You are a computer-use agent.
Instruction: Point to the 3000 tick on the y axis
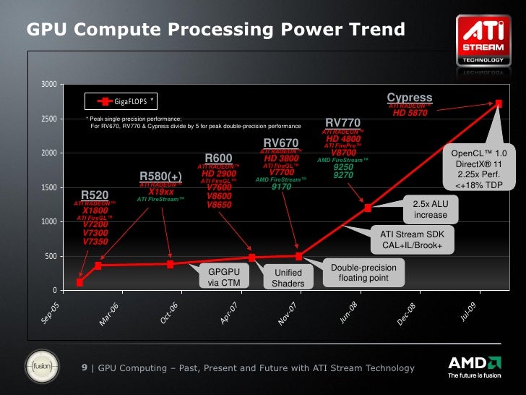pyautogui.click(x=48, y=85)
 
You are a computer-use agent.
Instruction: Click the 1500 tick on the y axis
pyautogui.click(x=48, y=188)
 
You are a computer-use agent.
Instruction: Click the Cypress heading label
pyautogui.click(x=410, y=98)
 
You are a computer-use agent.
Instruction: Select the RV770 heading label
pyautogui.click(x=342, y=122)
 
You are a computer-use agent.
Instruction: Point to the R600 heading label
pyautogui.click(x=218, y=158)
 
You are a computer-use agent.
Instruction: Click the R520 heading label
pyautogui.click(x=95, y=195)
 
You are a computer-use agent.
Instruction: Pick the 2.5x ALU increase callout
pyautogui.click(x=431, y=209)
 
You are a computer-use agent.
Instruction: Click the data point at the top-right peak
pyautogui.click(x=499, y=103)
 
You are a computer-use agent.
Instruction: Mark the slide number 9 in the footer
pyautogui.click(x=85, y=368)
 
